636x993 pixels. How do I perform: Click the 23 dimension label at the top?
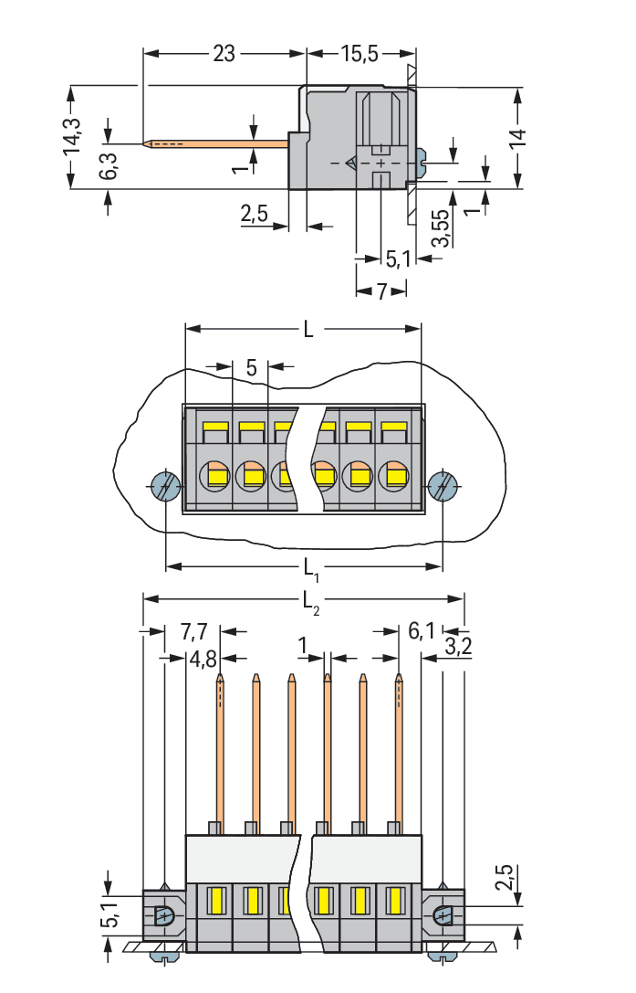(224, 54)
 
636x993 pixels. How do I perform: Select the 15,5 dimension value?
(360, 54)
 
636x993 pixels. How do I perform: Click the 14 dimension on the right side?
(517, 139)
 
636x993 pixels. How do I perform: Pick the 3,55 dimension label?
(441, 227)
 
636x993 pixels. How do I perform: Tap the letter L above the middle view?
(308, 330)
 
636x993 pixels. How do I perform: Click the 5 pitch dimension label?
(251, 368)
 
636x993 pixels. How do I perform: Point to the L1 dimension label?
(310, 570)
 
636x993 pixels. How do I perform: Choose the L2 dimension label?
(310, 601)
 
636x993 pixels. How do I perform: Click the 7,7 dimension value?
(194, 631)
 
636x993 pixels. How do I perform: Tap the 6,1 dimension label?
(422, 631)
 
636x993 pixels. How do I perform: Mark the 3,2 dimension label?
(457, 649)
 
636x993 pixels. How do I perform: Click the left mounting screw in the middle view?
(165, 486)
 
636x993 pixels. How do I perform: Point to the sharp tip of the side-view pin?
(146, 143)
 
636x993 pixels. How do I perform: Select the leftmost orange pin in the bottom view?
(220, 749)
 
